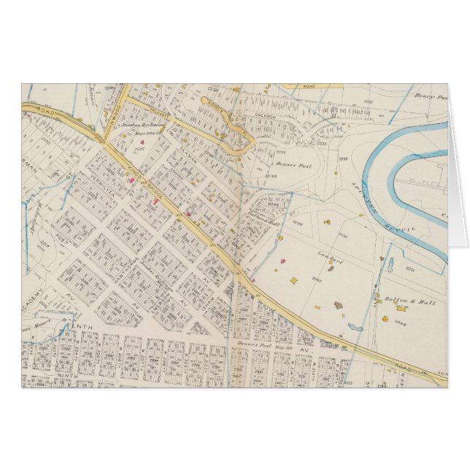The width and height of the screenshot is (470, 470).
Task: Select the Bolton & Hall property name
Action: click(400, 300)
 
